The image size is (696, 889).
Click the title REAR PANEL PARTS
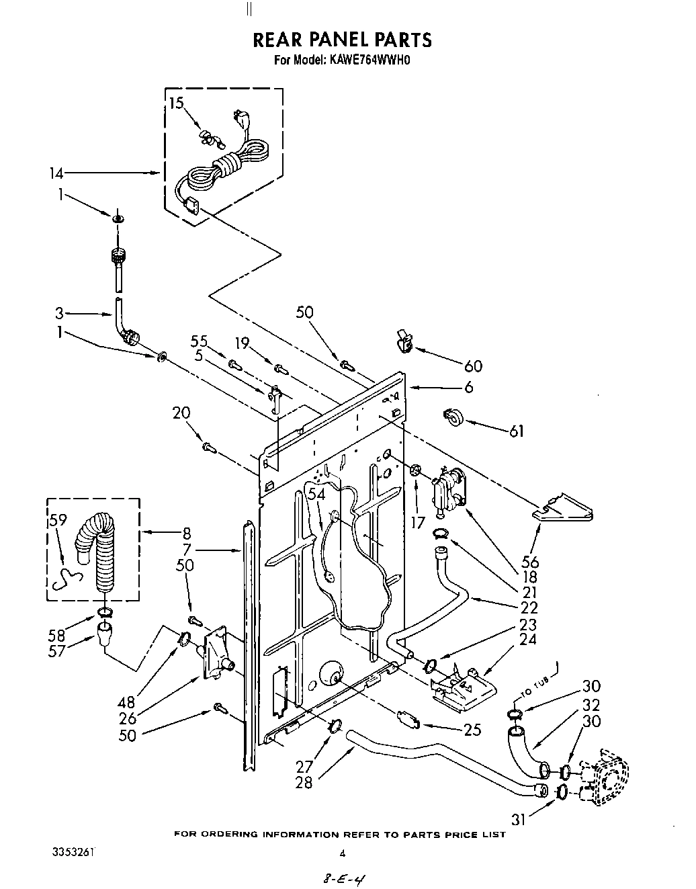tap(342, 40)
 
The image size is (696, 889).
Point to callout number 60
tap(473, 366)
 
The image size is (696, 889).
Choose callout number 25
tap(472, 728)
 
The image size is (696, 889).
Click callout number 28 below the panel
tap(304, 783)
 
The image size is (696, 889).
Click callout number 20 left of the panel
tap(182, 413)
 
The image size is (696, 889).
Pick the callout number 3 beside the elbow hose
tap(59, 312)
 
